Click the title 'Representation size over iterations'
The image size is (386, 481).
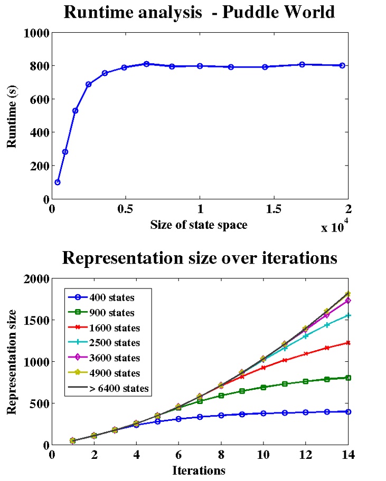(x=199, y=258)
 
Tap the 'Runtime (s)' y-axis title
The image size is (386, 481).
(x=11, y=116)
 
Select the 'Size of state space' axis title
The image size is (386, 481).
(x=200, y=224)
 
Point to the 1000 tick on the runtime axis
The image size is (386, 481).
(x=36, y=33)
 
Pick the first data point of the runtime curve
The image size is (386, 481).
(x=58, y=182)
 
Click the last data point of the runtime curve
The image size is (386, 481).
(x=342, y=65)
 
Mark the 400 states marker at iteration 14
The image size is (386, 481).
(x=348, y=411)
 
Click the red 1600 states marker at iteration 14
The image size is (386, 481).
(x=348, y=343)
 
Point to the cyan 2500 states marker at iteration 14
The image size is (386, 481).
(x=348, y=315)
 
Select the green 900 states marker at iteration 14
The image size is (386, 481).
(x=348, y=378)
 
